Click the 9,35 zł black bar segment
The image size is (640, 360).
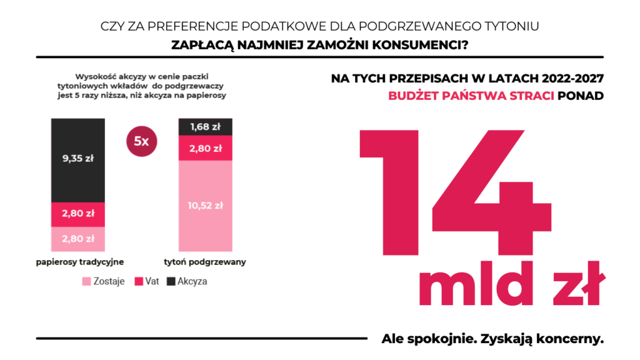point(78,159)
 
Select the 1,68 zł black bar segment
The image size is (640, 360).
point(206,127)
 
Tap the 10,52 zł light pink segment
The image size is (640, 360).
point(206,206)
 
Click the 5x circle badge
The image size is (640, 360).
point(142,141)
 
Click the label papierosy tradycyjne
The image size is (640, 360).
point(78,262)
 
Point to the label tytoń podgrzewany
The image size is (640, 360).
point(206,262)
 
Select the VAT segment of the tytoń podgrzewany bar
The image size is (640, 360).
point(206,148)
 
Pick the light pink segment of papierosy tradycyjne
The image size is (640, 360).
point(78,238)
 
